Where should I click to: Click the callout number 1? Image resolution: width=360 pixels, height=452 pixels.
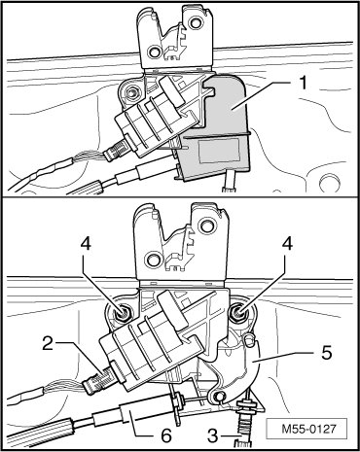(x=303, y=84)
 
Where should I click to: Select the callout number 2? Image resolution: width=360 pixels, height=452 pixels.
(x=48, y=344)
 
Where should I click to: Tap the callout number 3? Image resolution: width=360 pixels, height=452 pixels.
(x=213, y=435)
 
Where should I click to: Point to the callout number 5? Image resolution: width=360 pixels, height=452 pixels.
(x=326, y=352)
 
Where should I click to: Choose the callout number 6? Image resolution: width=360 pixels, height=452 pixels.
(x=166, y=436)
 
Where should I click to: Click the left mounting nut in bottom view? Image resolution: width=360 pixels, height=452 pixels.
(x=124, y=313)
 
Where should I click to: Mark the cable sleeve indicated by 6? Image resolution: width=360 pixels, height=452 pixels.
(x=130, y=412)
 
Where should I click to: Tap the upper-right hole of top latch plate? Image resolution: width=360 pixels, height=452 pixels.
(x=195, y=22)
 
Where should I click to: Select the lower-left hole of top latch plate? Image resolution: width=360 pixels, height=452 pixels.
(x=153, y=52)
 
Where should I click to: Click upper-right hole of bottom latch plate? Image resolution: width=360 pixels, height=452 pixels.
(x=205, y=226)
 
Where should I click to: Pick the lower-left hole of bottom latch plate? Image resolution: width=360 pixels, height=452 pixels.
(x=152, y=259)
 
